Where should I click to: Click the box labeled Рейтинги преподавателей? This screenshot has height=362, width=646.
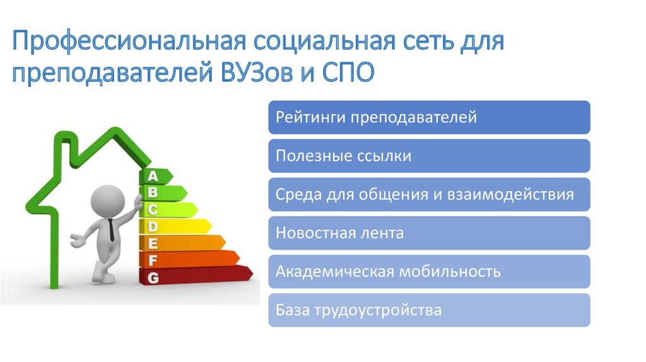[x=429, y=117]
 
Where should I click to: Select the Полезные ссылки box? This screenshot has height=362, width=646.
[x=429, y=156]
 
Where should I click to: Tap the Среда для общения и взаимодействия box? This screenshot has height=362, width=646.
[x=429, y=194]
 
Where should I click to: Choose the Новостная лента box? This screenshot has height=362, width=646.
[x=429, y=233]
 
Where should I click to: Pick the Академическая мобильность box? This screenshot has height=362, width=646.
[x=429, y=272]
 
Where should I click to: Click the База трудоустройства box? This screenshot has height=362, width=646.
[x=429, y=310]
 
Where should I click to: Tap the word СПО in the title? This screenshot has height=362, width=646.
[x=344, y=73]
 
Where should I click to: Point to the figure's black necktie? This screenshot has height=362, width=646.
[x=112, y=230]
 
